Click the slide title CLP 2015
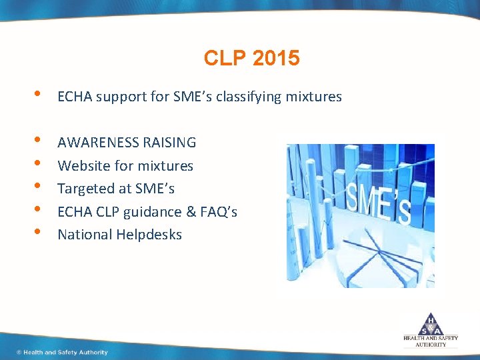click(251, 59)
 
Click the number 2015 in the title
click(277, 59)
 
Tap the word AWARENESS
click(98, 142)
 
